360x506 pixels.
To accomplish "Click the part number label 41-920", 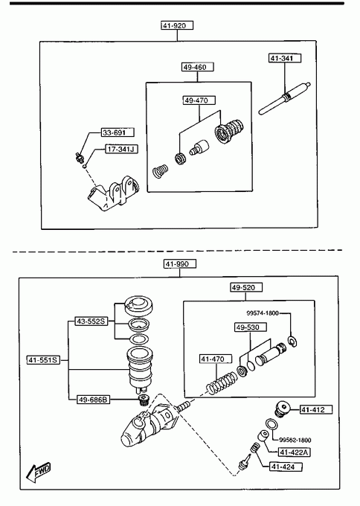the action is click(x=177, y=25).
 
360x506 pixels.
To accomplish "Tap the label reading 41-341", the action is click(x=285, y=58).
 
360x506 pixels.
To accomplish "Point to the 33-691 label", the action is click(x=118, y=132).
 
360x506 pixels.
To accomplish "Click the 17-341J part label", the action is click(x=122, y=149).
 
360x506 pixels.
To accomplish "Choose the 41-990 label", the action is click(x=180, y=264).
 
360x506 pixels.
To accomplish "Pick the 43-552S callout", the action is click(x=91, y=321).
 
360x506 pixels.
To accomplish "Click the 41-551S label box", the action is click(x=44, y=360).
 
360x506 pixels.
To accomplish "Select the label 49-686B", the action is click(x=93, y=400).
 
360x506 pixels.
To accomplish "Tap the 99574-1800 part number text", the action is click(x=263, y=313).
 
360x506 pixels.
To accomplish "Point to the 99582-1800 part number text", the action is click(x=295, y=440).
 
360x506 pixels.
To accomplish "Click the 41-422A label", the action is click(x=294, y=452).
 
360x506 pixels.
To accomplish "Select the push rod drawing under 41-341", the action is click(x=285, y=99).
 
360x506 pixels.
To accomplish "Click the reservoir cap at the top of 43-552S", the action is click(x=138, y=306).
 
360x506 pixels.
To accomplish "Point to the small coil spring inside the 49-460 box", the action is click(x=161, y=171).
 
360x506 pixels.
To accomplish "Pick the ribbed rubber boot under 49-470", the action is click(x=229, y=131).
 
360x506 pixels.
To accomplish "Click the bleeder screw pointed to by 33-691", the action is click(x=79, y=157).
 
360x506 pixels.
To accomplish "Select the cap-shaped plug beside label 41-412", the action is click(x=283, y=409).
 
